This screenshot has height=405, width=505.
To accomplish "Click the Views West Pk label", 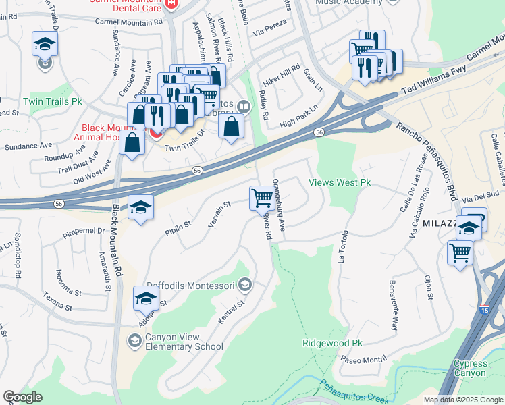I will (340, 183).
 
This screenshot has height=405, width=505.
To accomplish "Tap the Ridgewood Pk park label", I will (333, 343).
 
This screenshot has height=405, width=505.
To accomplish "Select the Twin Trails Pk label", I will (52, 101).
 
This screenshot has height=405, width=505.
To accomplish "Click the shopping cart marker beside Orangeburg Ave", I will (262, 198).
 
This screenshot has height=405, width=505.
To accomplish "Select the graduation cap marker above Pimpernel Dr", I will (141, 207).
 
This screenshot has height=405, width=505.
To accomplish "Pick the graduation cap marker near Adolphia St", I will (146, 297).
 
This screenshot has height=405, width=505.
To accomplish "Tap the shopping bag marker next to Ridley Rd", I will (232, 126).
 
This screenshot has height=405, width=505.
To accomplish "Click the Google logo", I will (22, 397).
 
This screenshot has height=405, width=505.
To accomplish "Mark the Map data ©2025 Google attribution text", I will (462, 400).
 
